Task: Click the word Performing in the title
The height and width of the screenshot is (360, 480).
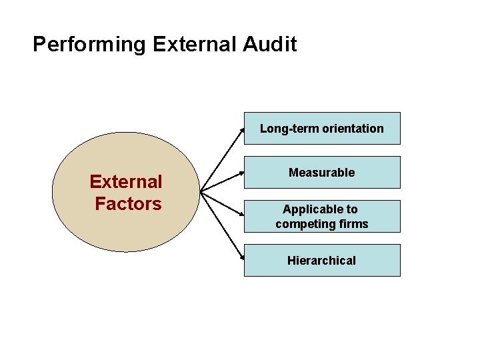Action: click(x=89, y=45)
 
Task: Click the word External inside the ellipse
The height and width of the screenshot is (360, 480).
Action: click(x=126, y=181)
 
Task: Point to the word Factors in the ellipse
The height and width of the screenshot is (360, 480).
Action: click(x=128, y=203)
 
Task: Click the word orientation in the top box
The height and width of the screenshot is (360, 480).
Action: click(x=352, y=129)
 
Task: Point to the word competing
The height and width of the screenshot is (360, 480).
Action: click(x=305, y=224)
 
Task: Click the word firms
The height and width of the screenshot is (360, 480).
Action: click(x=353, y=224)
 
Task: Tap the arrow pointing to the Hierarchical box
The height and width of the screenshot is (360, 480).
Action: click(x=223, y=227)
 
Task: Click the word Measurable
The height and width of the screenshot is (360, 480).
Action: click(x=322, y=173)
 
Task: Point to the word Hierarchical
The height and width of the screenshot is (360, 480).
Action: click(x=322, y=261)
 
